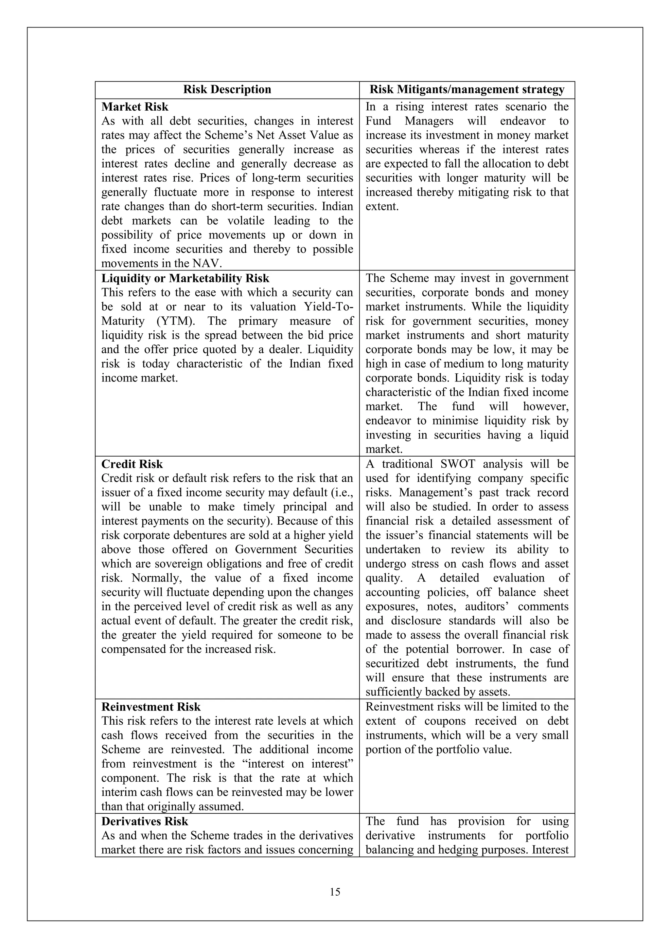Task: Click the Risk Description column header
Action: pyautogui.click(x=227, y=90)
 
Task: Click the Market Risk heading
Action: pyautogui.click(x=135, y=107)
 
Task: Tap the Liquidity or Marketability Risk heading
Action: pyautogui.click(x=185, y=278)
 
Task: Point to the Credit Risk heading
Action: pyautogui.click(x=132, y=464)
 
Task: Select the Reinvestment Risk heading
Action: pyautogui.click(x=151, y=707)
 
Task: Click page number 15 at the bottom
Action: pyautogui.click(x=335, y=892)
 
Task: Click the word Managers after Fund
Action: pyautogui.click(x=429, y=121)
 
